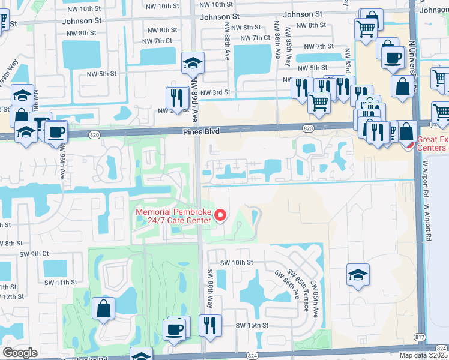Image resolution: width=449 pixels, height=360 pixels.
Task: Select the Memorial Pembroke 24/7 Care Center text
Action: point(173,216)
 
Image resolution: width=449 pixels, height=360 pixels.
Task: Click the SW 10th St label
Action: point(237,263)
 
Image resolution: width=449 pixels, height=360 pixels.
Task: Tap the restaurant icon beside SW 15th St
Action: point(210,326)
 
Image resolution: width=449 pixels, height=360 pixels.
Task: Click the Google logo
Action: point(20,352)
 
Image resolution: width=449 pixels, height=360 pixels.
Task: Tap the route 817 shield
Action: point(419,337)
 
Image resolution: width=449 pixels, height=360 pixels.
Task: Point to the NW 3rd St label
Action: point(215,92)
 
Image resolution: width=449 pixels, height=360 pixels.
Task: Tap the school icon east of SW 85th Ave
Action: point(358,275)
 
